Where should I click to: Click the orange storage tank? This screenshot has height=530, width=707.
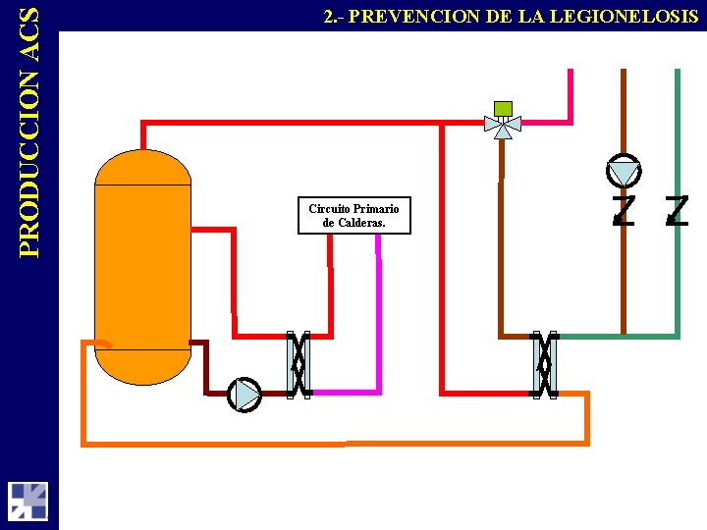coord(142,265)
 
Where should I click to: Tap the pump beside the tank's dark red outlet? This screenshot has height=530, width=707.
coord(245,395)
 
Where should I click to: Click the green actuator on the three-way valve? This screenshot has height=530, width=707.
coord(503,107)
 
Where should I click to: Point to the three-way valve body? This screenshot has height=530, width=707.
coord(503,125)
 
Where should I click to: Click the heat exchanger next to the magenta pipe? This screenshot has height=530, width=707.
coord(298,364)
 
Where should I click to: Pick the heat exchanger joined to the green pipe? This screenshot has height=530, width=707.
coord(543,364)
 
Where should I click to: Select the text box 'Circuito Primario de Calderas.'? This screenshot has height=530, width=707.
coord(353,216)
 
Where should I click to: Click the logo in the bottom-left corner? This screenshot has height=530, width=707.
coord(27,501)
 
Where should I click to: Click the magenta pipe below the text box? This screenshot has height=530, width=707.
coord(378,314)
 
